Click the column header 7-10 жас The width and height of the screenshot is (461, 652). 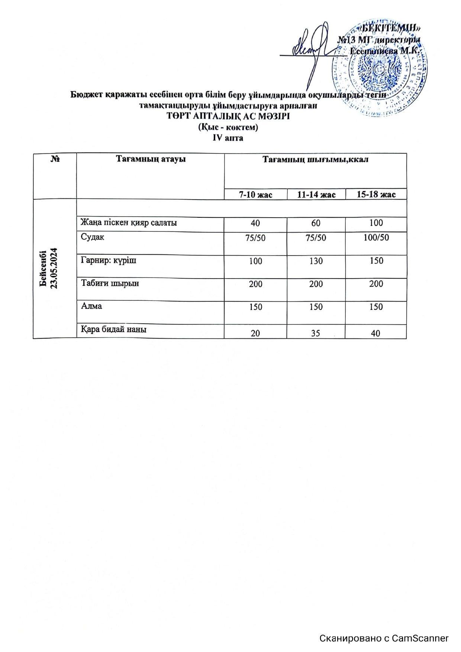[255, 194]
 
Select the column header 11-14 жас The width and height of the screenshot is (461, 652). [316, 194]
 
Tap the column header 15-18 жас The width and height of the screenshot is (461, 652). [376, 194]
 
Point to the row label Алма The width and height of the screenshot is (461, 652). [91, 306]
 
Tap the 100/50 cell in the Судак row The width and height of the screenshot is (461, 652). [376, 237]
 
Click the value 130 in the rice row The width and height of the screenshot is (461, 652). [316, 261]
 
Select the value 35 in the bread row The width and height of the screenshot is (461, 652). [316, 333]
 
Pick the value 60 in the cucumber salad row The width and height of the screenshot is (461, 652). [316, 223]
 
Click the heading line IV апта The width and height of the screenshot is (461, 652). [228, 138]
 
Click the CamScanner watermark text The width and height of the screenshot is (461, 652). [384, 638]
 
